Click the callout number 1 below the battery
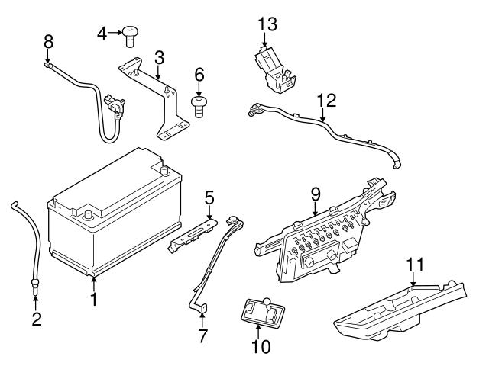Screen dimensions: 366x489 (93, 300)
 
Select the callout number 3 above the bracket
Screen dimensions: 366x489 (158, 58)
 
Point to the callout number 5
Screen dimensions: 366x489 (208, 198)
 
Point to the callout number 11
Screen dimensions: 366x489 (413, 265)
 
